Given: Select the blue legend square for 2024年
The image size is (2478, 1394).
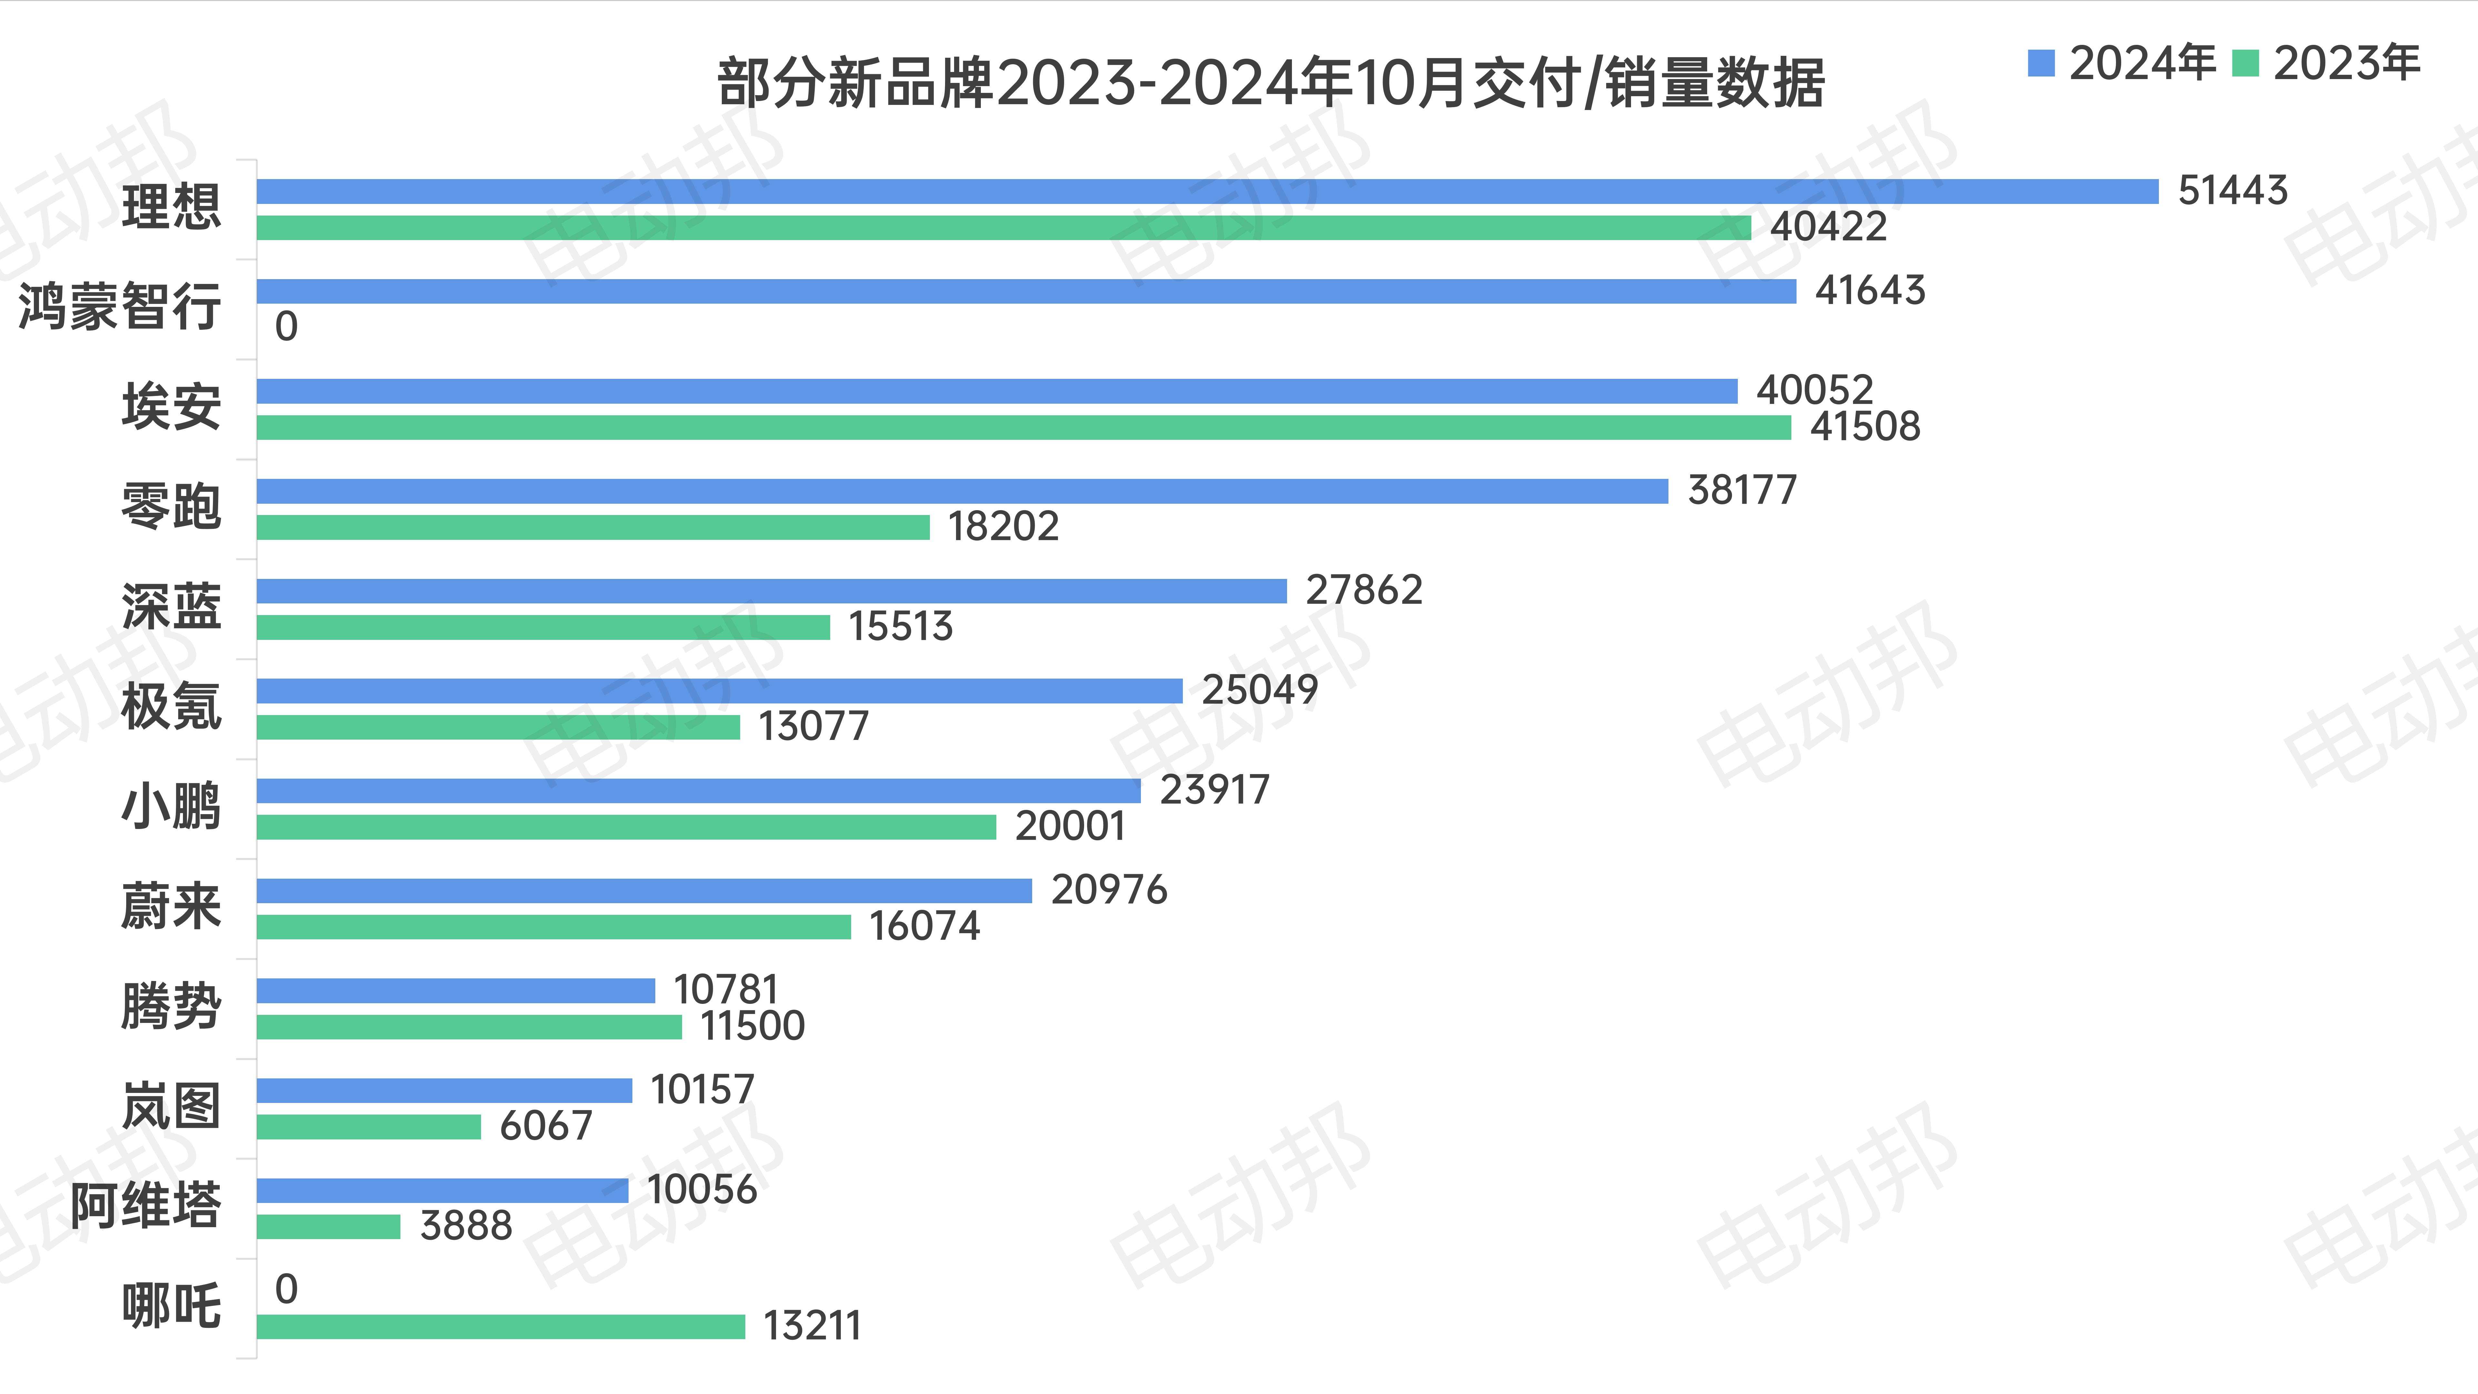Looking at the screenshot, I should (2040, 64).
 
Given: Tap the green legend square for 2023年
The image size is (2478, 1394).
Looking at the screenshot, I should (2244, 64).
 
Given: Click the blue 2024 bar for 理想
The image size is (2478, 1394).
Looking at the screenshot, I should (1207, 191).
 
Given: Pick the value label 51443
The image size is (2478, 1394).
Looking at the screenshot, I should (2232, 190).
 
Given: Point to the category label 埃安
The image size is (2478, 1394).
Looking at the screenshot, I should (171, 407).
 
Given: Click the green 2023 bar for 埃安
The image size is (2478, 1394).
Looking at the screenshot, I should (1023, 427).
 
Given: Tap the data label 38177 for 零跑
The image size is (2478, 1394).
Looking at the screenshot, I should (1741, 490).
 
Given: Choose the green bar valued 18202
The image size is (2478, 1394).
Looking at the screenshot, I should (593, 527).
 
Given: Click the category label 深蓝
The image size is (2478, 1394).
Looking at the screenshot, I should (171, 607).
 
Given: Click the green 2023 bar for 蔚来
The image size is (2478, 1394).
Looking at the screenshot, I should (553, 926).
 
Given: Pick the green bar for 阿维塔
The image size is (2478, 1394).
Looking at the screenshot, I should (328, 1227).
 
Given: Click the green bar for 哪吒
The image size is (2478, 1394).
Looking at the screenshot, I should (500, 1327).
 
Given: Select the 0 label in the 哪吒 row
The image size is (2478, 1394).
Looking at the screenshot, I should (286, 1289).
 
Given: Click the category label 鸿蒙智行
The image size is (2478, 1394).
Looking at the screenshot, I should (119, 307).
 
